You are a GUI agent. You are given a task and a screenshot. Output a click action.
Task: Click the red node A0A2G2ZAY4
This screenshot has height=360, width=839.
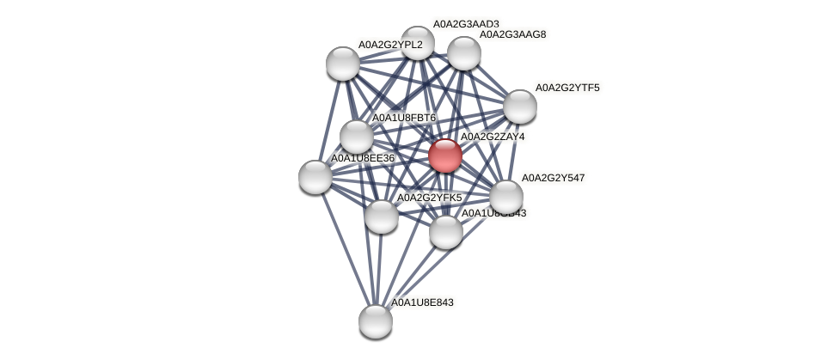444,156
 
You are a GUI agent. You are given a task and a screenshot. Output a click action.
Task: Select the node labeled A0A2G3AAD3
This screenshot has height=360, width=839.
418,43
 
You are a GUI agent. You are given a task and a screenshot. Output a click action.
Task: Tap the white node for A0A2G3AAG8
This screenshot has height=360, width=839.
463,53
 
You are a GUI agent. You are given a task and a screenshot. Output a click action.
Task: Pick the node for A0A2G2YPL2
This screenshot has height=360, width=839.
343,64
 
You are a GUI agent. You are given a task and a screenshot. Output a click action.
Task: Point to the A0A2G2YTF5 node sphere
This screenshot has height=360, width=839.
519,107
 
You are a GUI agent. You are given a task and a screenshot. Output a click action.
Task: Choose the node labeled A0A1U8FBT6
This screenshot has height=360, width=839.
357,137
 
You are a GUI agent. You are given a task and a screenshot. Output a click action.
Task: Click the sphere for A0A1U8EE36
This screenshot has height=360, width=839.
315,176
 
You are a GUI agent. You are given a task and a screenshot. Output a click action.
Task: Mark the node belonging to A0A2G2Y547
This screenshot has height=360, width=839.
505,196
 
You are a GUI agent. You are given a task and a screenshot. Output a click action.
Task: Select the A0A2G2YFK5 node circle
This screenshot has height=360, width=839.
381,216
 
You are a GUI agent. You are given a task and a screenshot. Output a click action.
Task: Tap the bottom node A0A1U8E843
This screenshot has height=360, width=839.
376,320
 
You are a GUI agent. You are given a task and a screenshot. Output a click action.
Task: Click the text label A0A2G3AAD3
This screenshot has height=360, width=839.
465,24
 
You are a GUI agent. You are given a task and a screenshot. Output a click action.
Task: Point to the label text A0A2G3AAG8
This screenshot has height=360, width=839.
512,35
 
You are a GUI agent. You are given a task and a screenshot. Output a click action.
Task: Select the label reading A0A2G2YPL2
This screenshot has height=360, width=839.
390,45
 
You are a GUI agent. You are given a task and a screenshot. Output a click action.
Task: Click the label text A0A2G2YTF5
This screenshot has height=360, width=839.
567,88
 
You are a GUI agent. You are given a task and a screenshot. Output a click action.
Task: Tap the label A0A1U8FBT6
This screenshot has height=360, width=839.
404,118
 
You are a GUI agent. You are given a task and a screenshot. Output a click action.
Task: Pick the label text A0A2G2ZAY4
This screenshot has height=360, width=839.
493,137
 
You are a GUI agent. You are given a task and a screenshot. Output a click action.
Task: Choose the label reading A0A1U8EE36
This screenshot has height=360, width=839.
363,158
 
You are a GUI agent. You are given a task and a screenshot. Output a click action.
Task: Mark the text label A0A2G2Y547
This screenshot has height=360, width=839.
553,178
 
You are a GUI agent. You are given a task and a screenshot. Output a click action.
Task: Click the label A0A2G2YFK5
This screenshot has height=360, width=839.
429,198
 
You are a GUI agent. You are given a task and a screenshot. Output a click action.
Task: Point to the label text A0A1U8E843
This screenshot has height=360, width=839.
422,302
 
